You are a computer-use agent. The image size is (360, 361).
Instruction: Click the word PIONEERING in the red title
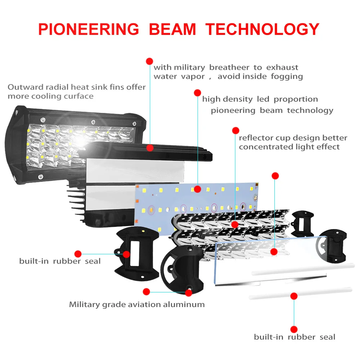pyautogui.click(x=89, y=29)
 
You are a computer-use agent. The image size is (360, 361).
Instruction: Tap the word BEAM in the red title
pyautogui.click(x=172, y=29)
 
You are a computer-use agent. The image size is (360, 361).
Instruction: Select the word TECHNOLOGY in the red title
pyautogui.click(x=262, y=29)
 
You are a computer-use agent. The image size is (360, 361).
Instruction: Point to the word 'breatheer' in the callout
pyautogui.click(x=229, y=67)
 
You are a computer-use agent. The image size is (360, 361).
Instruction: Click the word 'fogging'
pyautogui.click(x=287, y=77)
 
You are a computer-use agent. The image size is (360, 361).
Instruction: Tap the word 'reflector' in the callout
pyautogui.click(x=253, y=138)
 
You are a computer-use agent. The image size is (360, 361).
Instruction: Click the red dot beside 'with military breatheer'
pyautogui.click(x=149, y=61)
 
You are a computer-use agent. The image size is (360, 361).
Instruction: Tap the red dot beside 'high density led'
pyautogui.click(x=197, y=93)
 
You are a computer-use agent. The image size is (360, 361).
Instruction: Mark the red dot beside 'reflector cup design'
pyautogui.click(x=235, y=131)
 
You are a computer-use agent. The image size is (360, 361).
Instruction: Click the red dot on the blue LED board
pyautogui.click(x=197, y=189)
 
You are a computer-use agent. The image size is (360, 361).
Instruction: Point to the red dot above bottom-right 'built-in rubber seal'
pyautogui.click(x=294, y=329)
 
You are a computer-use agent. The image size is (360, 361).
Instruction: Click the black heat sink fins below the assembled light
pyautogui.click(x=76, y=202)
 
